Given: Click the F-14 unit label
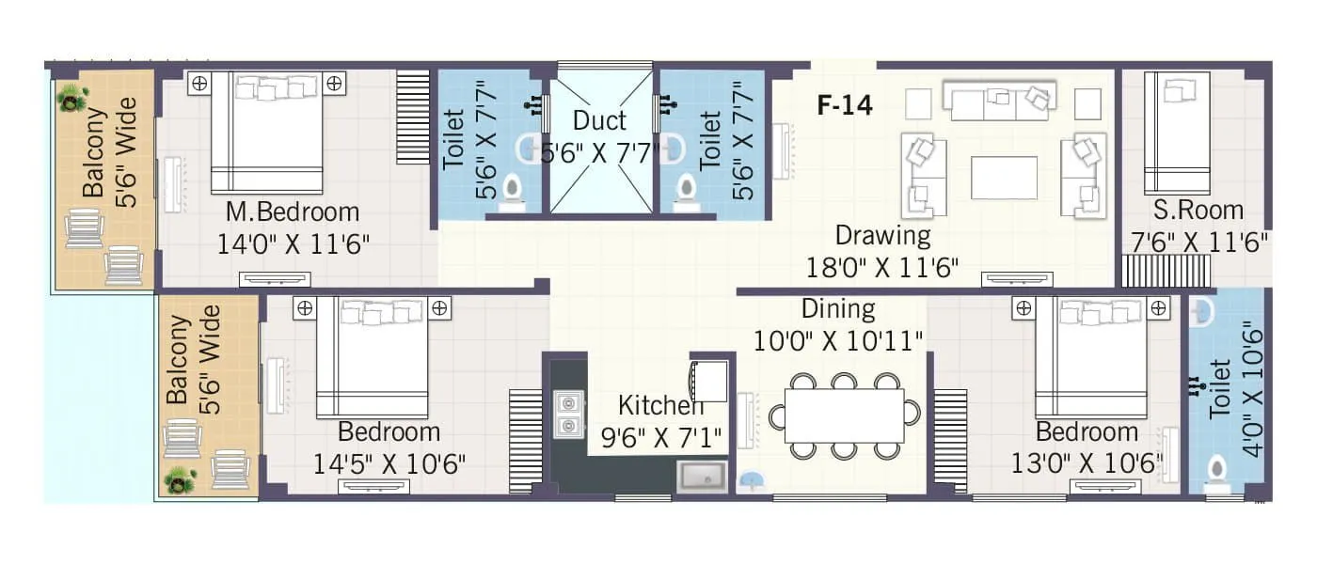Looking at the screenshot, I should click(x=844, y=105).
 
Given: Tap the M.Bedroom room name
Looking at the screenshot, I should click(x=292, y=211).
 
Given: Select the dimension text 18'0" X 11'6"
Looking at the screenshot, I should click(x=882, y=268).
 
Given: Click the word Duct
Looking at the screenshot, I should click(x=599, y=121).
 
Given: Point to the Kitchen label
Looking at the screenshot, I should click(x=660, y=406).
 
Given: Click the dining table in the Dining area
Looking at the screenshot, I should click(x=844, y=415).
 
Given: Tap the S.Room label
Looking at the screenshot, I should click(x=1198, y=210).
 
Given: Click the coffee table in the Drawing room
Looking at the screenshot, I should click(x=1004, y=178).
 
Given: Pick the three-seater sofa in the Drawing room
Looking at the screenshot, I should click(x=999, y=101).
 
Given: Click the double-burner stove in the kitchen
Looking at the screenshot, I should click(x=567, y=415).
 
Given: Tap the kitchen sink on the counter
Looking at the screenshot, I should click(x=702, y=477).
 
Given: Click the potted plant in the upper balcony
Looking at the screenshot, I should click(x=72, y=96).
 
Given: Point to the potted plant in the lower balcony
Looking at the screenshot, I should click(x=179, y=480).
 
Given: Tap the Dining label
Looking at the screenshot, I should click(x=837, y=308).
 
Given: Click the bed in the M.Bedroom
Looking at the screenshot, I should click(x=266, y=132).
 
